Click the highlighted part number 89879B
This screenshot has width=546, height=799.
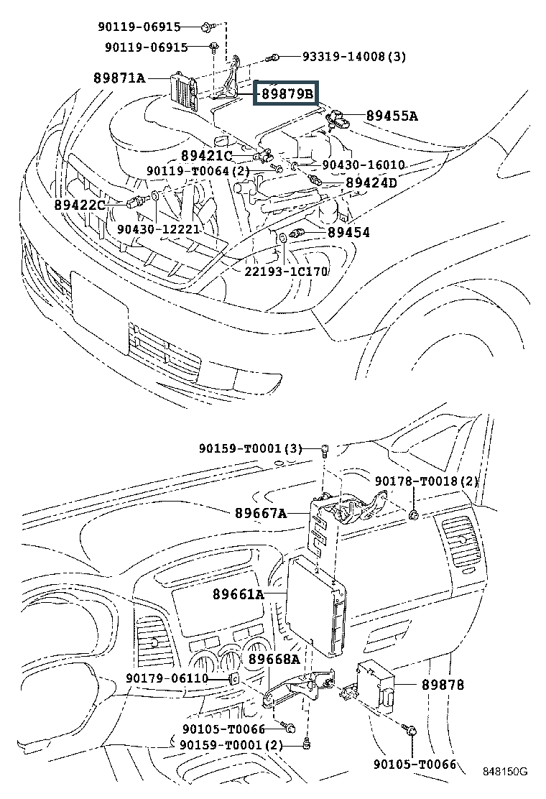287,93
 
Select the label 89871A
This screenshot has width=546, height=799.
119,78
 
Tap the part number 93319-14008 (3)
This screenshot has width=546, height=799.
354,57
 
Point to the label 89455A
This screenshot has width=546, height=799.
392,116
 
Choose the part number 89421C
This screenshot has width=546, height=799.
207,156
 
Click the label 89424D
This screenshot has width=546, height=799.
371,183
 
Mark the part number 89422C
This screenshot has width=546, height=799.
80,205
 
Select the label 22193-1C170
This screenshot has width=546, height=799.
286,271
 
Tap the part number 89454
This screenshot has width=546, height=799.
348,232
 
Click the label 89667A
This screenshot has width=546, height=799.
261,513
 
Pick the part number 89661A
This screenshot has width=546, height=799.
239,594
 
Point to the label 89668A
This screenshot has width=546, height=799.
274,660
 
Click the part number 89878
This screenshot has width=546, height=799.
443,685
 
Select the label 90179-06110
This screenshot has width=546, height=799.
167,678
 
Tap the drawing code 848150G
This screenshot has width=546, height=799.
505,772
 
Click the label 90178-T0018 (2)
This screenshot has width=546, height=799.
426,481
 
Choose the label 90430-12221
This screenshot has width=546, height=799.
158,229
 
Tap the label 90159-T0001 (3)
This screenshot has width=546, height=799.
251,448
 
